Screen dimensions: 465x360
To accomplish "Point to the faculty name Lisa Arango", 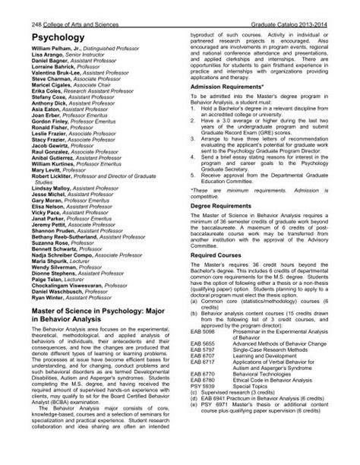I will tap(47, 49).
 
